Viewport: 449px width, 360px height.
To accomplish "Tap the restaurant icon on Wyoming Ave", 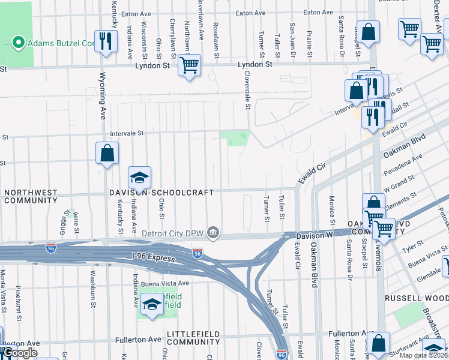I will click(x=106, y=41).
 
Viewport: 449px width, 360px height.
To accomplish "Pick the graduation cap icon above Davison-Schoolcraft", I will click(x=139, y=178).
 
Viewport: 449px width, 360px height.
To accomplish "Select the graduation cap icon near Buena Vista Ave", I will click(x=152, y=304).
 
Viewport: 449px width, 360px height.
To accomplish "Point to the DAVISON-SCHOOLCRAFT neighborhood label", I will click(x=161, y=192).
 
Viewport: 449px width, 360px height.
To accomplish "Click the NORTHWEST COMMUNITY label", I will click(x=30, y=196).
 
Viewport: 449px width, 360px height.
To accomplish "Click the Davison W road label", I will click(x=313, y=237).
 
